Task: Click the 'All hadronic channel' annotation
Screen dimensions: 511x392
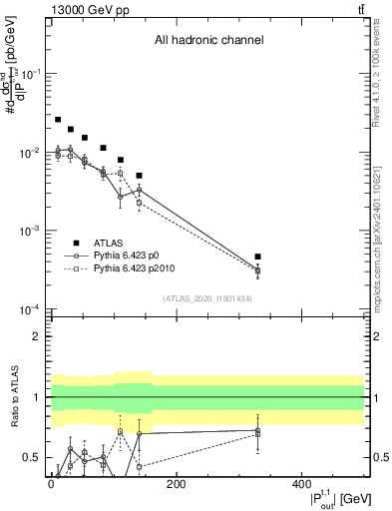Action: click(207, 41)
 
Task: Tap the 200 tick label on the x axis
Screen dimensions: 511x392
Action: click(177, 485)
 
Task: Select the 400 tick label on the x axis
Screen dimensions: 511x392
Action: click(302, 485)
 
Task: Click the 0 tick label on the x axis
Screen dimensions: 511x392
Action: click(51, 485)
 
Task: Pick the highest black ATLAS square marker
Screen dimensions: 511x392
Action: click(58, 120)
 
